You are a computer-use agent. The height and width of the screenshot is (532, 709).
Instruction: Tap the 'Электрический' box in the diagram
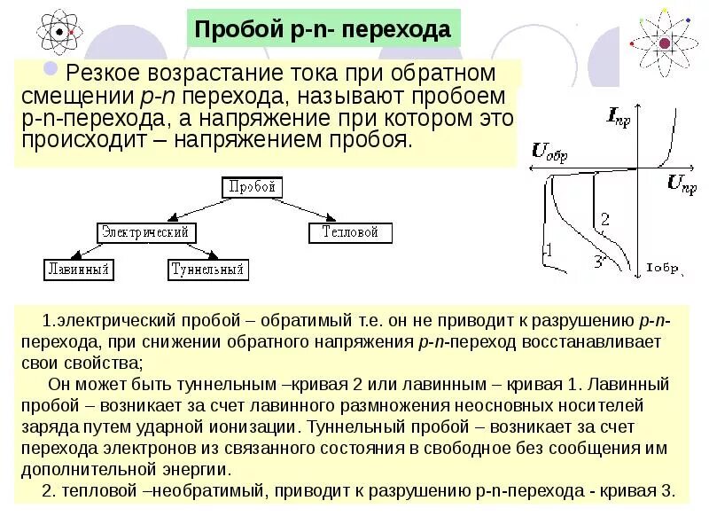click(x=145, y=231)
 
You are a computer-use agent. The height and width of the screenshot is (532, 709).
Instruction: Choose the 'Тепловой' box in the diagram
click(x=350, y=232)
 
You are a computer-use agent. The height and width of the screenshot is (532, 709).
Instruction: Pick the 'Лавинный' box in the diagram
click(x=80, y=269)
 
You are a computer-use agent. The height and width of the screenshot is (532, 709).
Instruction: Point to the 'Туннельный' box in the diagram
click(x=208, y=269)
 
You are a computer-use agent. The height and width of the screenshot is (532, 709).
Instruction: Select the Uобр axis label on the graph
click(x=549, y=151)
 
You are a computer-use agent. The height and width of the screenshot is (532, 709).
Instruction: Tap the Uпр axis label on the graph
click(x=682, y=184)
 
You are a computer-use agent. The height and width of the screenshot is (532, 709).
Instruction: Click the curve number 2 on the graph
click(x=604, y=219)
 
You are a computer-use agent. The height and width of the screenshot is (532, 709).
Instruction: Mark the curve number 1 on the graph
click(x=547, y=250)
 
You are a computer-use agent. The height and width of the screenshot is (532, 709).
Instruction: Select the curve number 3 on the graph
click(x=598, y=262)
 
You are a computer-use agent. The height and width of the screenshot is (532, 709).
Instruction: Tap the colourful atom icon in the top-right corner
click(x=663, y=40)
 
